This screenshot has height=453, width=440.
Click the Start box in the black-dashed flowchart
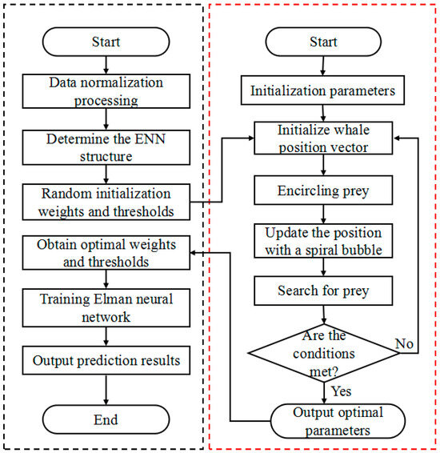[x=106, y=41]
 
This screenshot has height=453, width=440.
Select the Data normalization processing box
[x=106, y=90]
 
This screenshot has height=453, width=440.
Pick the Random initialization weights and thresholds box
[x=106, y=200]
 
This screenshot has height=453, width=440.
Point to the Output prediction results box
[x=106, y=360]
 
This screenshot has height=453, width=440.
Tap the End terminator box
[x=106, y=419]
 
